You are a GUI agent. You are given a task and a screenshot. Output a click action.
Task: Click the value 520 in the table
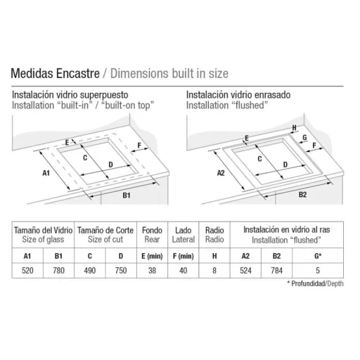(x=27, y=271)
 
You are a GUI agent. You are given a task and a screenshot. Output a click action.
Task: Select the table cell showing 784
(x=276, y=271)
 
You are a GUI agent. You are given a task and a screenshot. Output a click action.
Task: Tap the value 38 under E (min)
(x=152, y=271)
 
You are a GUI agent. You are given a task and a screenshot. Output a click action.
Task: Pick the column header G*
(x=318, y=256)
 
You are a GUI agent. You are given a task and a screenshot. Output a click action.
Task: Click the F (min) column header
(x=184, y=256)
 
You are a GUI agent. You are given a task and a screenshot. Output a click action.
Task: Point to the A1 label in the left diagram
(x=46, y=173)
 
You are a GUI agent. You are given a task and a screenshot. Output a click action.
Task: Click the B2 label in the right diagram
(x=302, y=195)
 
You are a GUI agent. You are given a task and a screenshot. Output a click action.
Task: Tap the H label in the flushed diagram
(x=295, y=128)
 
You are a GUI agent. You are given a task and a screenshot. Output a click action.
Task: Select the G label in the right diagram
(x=304, y=137)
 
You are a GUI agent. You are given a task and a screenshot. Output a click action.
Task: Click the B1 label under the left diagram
(x=127, y=195)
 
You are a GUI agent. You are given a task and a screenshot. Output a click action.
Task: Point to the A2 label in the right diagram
(x=221, y=173)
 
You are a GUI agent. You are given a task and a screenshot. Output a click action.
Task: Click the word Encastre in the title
(x=78, y=73)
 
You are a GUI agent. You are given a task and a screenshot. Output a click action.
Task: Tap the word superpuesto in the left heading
(x=104, y=96)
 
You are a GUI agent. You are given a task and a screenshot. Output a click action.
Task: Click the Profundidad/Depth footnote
(x=315, y=283)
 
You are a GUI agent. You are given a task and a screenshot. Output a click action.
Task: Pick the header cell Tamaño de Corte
(x=105, y=235)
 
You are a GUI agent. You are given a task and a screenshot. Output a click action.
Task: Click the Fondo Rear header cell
(x=152, y=235)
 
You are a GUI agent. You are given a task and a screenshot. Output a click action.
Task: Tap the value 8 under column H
(x=214, y=271)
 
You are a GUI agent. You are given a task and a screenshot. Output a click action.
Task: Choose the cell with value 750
(x=121, y=271)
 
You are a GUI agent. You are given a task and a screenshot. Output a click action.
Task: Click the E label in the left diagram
(x=67, y=143)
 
